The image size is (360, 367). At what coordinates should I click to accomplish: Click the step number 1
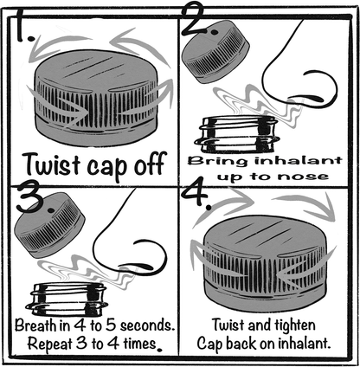(23, 26)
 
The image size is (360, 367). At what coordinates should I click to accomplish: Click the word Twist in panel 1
(53, 164)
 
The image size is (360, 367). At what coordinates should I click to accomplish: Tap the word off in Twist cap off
(150, 163)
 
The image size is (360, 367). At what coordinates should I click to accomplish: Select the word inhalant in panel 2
(299, 160)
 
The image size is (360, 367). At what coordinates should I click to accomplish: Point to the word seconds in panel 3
(148, 325)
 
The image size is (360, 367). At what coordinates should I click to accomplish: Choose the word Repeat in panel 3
(49, 344)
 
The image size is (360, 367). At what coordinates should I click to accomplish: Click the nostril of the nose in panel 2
(312, 98)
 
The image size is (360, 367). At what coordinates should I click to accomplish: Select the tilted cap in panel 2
(217, 51)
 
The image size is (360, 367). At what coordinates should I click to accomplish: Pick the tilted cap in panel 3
(49, 225)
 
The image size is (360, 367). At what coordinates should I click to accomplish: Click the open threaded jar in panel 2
(237, 134)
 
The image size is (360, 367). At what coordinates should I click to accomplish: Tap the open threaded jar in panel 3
(67, 299)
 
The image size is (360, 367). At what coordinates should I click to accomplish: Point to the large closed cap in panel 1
(96, 98)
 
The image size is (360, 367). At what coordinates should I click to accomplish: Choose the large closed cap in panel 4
(266, 263)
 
